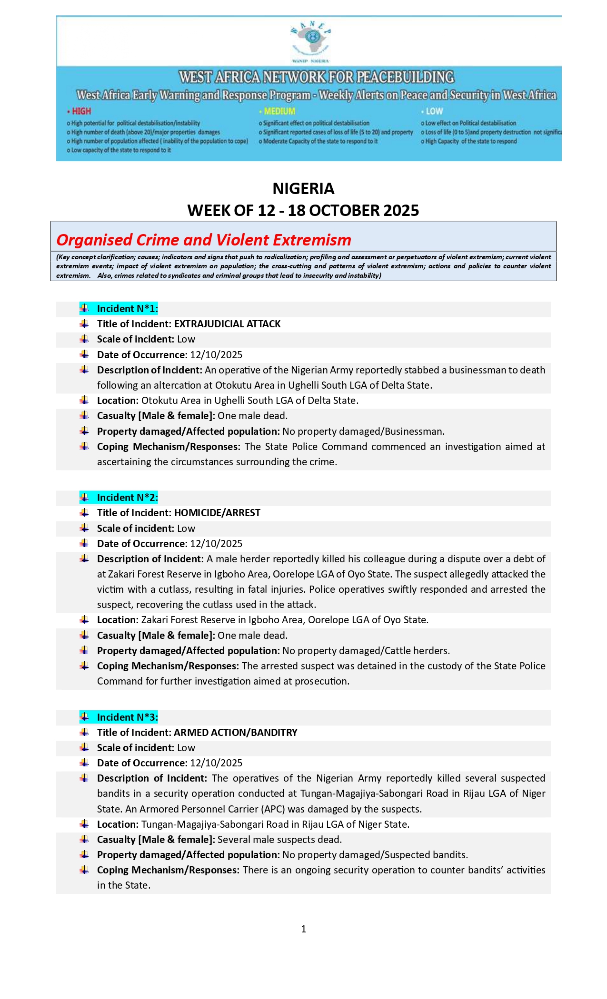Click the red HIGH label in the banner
[81, 111]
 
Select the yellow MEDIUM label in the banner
[279, 111]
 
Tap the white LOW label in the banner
[434, 111]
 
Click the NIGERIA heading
[303, 189]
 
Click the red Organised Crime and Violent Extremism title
[204, 240]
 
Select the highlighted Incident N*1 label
[127, 309]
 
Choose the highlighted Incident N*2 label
[127, 498]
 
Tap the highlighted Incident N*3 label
[127, 717]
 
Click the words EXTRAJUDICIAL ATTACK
[227, 324]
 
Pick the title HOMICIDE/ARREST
[217, 513]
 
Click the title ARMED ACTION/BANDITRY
[236, 733]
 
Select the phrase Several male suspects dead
[279, 840]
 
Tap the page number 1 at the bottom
[304, 929]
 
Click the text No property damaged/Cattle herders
[366, 651]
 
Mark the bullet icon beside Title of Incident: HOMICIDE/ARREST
[84, 512]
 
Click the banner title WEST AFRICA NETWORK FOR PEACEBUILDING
[317, 77]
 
